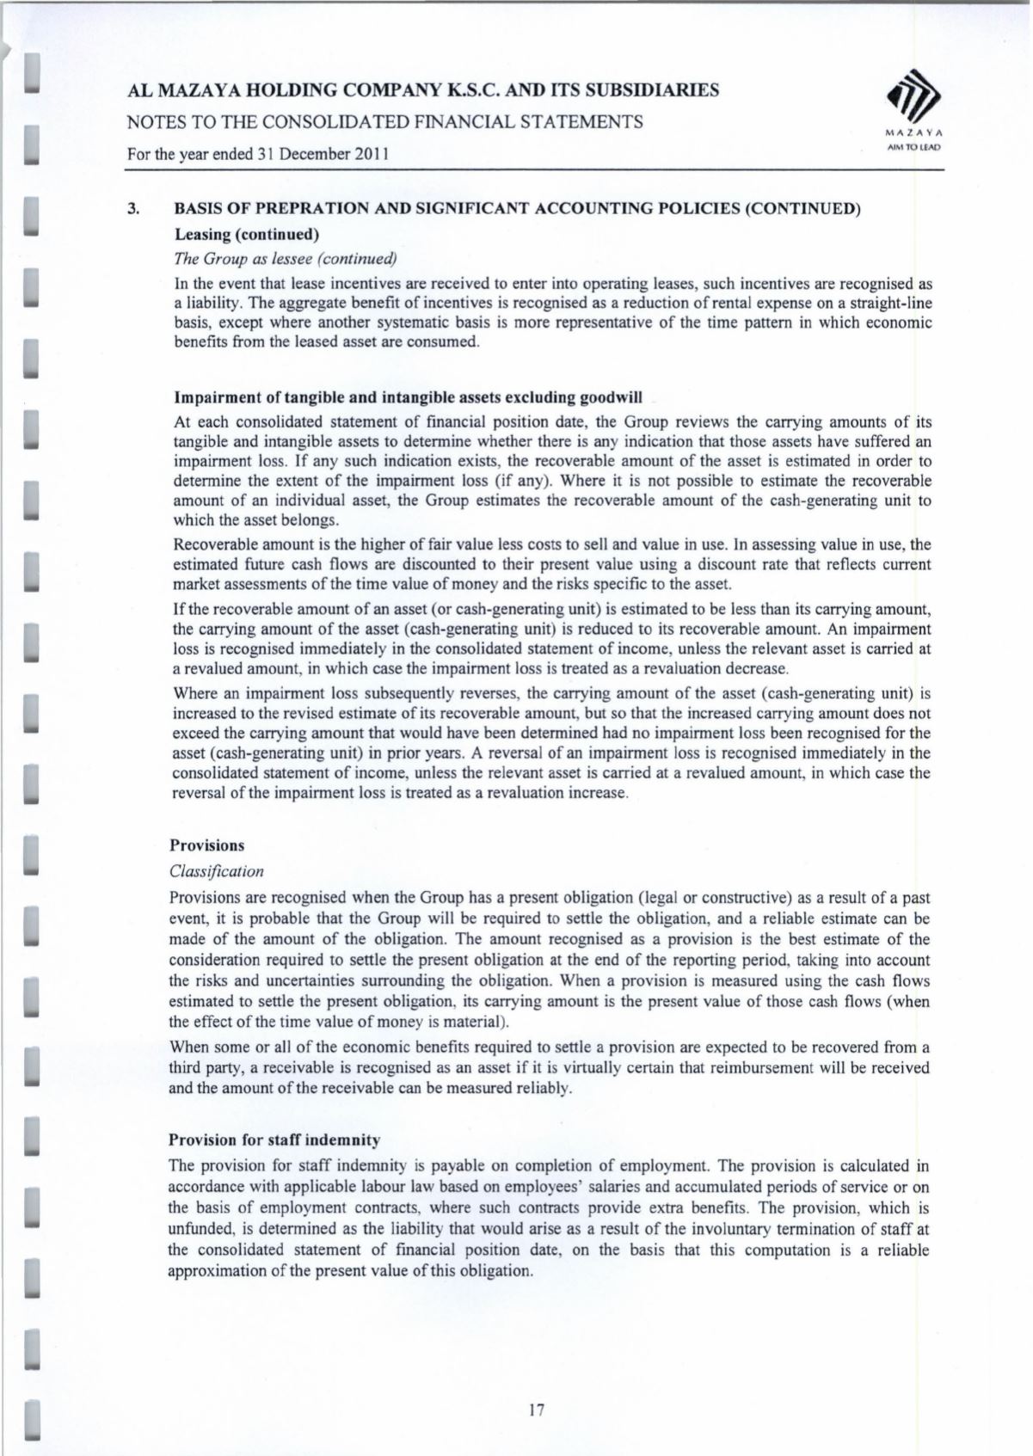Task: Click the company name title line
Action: tap(423, 89)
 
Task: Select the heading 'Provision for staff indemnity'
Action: tap(274, 1140)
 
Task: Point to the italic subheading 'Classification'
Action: tap(217, 871)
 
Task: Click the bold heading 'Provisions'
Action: tap(207, 845)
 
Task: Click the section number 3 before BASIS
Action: tap(132, 209)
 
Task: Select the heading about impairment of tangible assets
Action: tap(408, 397)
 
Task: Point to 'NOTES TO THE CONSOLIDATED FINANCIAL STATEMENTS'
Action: tap(385, 122)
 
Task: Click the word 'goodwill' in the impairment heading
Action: tap(612, 397)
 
